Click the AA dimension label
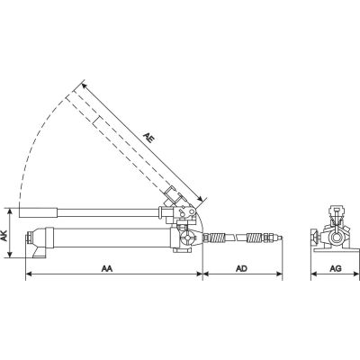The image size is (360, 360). point(106,268)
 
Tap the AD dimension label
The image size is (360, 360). point(241,268)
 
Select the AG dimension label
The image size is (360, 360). point(336,268)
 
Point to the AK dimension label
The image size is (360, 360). point(4,237)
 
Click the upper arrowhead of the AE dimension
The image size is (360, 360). point(85,86)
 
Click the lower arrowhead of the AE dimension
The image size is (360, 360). point(201,198)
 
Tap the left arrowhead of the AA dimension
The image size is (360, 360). point(29,274)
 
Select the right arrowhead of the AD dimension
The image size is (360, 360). point(279,274)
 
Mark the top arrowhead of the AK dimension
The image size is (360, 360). point(11,211)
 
